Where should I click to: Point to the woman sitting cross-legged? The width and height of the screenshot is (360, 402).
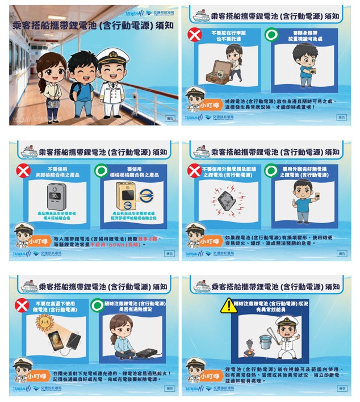click(x=122, y=335)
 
